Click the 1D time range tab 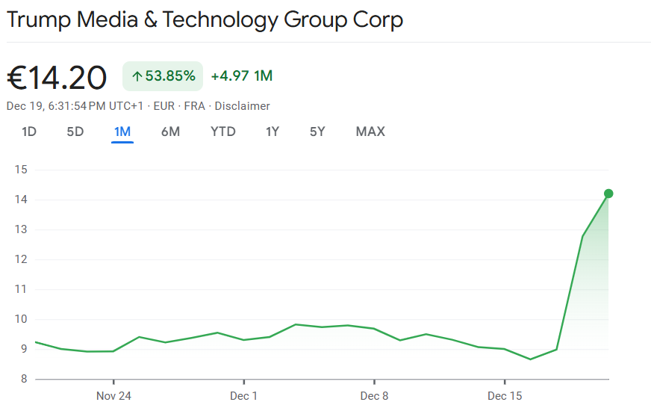(29, 132)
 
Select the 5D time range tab (75, 132)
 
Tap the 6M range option (170, 132)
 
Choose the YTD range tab (223, 132)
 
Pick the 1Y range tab (272, 132)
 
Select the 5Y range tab (317, 132)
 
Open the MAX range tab (370, 132)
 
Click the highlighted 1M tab (122, 132)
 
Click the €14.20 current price (57, 77)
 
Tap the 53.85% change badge (163, 75)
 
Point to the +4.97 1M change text (242, 75)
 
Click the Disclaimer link (243, 106)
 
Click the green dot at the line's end (608, 194)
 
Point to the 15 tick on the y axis (20, 170)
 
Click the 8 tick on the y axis (23, 379)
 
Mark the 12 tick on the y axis (20, 259)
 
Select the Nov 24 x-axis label (113, 395)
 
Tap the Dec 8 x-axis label (374, 395)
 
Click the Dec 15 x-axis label (505, 395)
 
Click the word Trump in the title (39, 19)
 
